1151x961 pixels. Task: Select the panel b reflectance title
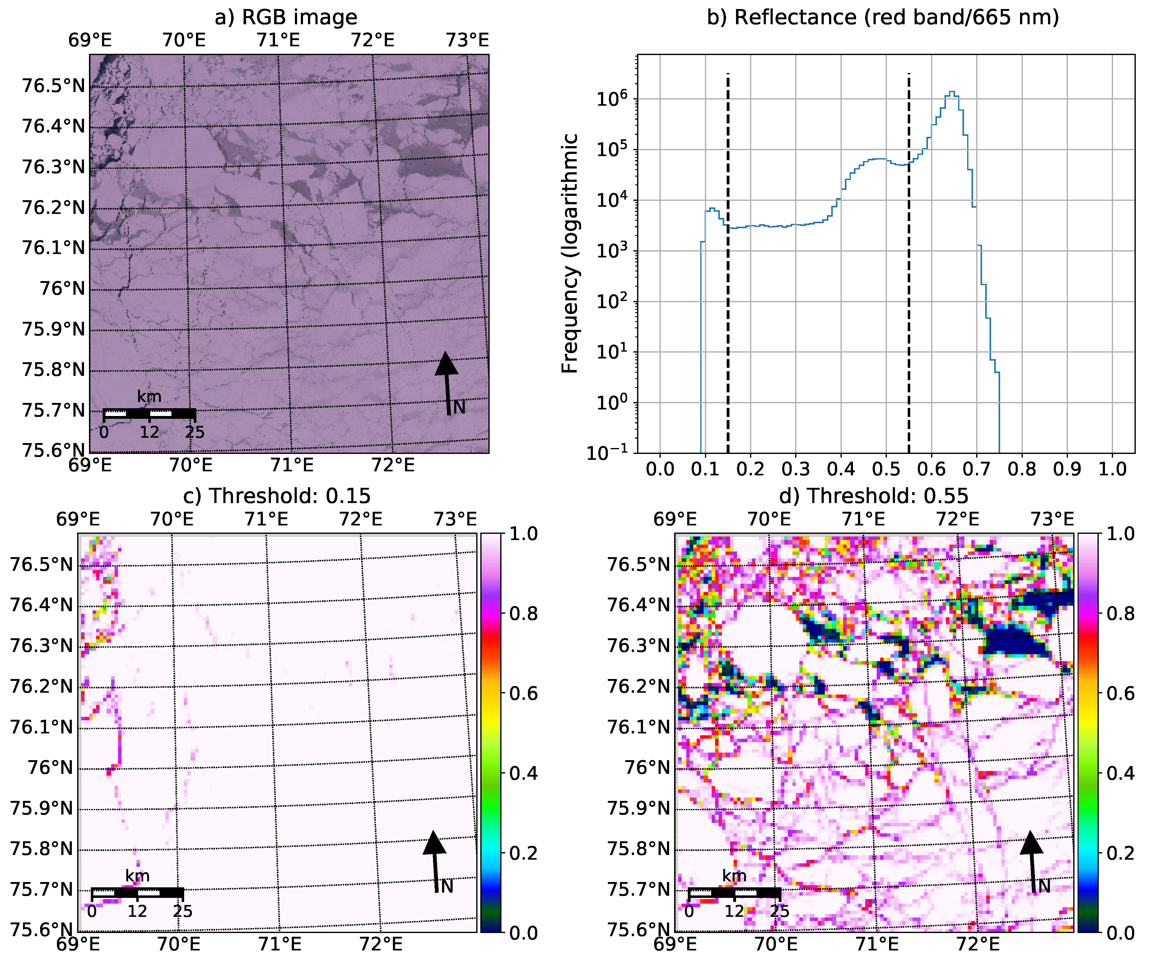coord(883,17)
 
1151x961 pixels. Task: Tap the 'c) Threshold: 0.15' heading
coord(277,496)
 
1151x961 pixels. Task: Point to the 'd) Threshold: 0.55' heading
coord(874,496)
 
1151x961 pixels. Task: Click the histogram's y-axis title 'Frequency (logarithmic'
coord(570,253)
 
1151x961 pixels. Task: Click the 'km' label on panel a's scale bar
coord(149,397)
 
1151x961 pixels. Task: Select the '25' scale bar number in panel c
coord(183,911)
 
